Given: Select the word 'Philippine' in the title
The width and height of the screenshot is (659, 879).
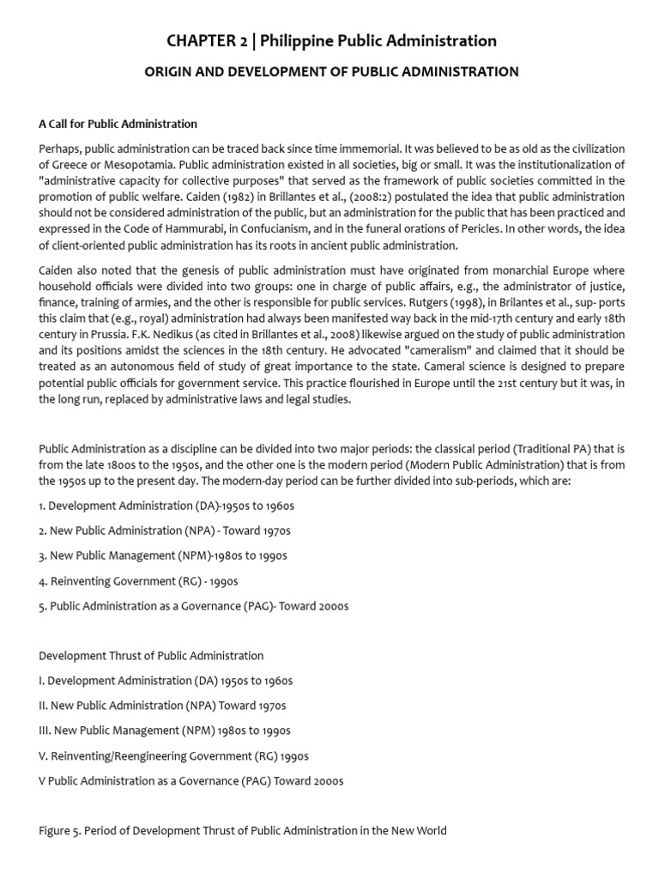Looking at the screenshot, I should pos(298,40).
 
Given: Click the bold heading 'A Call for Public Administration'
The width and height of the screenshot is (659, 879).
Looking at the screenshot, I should pos(118,124).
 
